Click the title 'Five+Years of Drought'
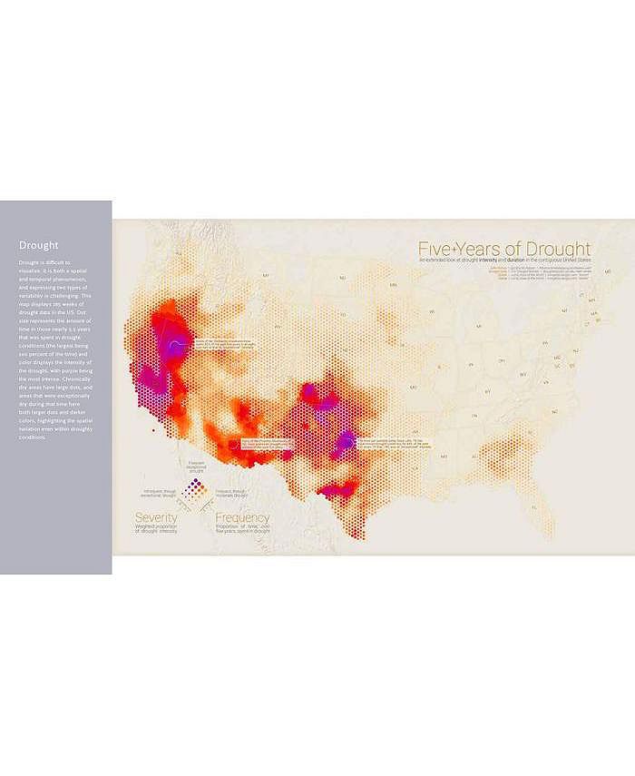503,249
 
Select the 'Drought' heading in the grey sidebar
39,245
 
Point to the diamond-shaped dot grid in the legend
193,490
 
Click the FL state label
535,506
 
